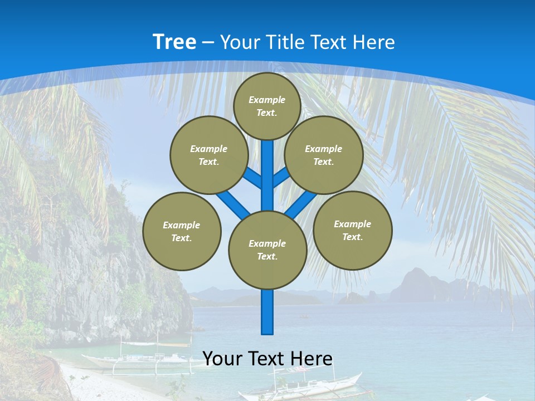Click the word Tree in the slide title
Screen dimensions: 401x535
(174, 42)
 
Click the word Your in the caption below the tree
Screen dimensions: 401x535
(222, 358)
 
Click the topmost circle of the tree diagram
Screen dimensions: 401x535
(267, 106)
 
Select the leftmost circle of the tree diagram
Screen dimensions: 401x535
(182, 231)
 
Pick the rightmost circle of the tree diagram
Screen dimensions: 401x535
(352, 230)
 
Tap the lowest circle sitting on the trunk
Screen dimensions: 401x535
(267, 250)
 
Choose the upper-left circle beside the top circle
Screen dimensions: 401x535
(208, 155)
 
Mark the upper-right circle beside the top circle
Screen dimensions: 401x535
(323, 155)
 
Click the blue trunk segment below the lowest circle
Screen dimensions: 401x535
(267, 312)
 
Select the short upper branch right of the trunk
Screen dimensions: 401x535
(281, 177)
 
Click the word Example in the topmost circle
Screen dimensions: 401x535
(267, 100)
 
